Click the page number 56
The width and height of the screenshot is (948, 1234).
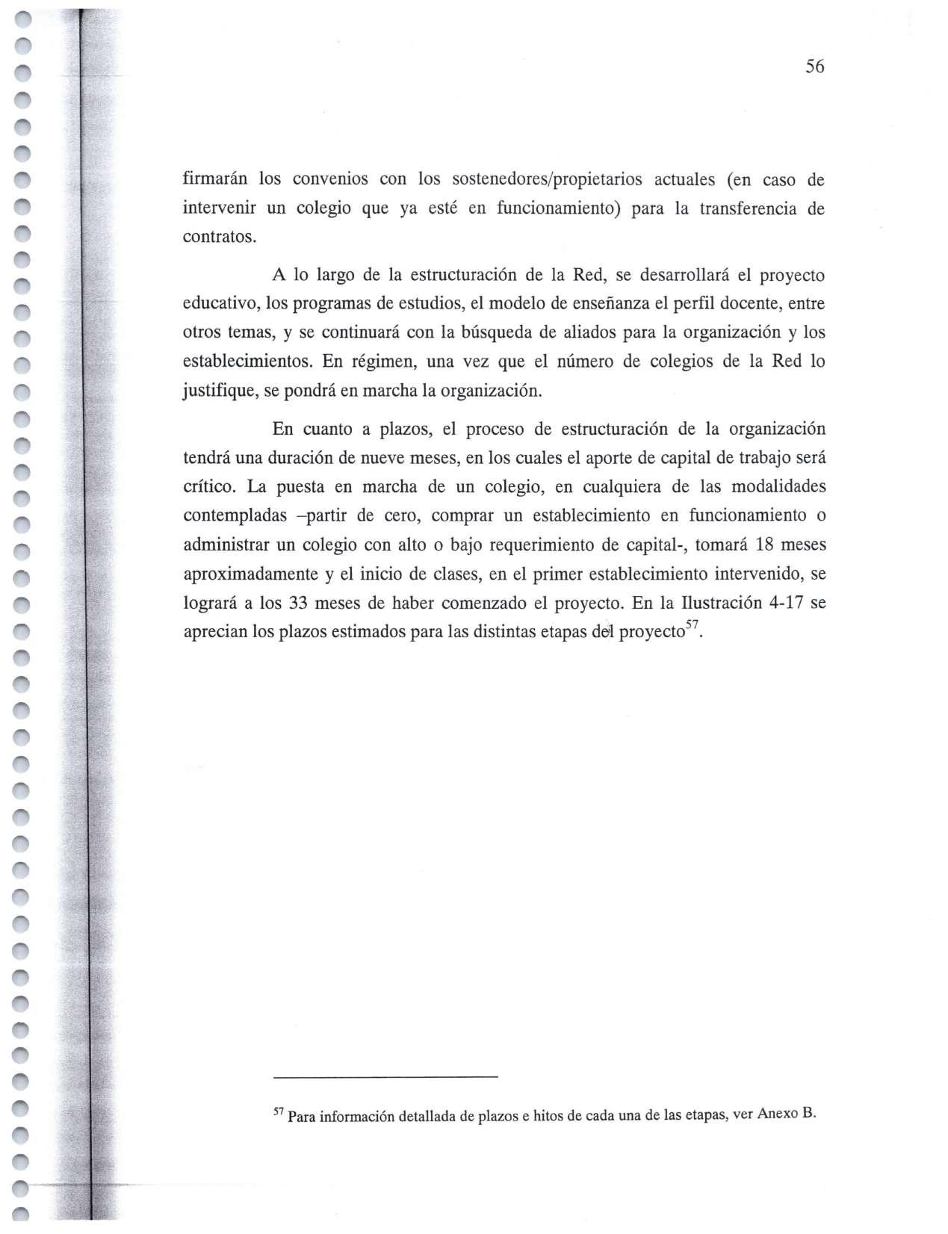tap(814, 67)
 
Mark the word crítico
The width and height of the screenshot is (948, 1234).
tap(210, 487)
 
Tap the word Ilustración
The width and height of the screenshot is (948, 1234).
tap(710, 603)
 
